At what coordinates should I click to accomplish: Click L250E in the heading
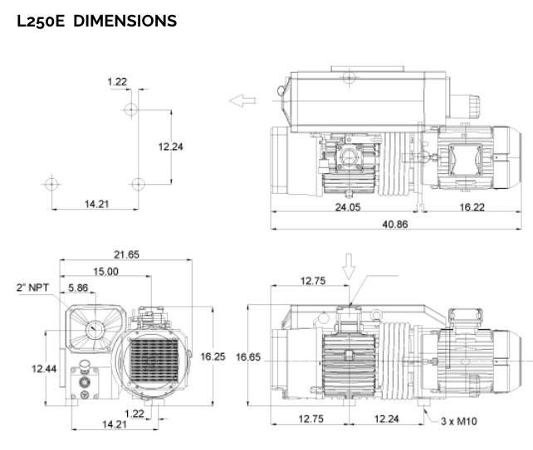tap(41, 22)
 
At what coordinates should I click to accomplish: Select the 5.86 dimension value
tap(79, 288)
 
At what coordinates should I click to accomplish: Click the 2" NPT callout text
tap(32, 288)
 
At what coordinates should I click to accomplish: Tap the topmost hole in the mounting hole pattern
tap(130, 109)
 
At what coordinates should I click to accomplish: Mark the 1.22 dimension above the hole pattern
tap(117, 80)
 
